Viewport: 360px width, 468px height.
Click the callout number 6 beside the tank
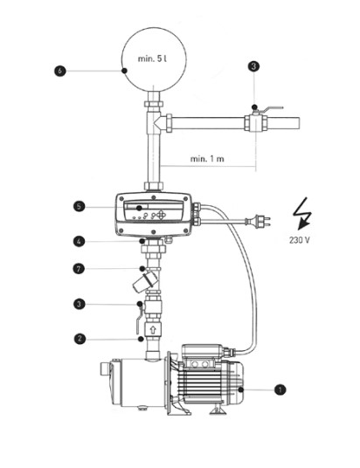59,71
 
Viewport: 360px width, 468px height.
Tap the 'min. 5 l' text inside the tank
152,58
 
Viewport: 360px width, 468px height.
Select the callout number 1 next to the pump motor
280,389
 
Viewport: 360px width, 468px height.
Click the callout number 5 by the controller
79,207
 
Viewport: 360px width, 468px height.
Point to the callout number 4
79,241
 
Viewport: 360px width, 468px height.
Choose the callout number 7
79,269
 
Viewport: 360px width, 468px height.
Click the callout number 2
80,339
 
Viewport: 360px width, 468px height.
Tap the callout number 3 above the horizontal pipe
253,66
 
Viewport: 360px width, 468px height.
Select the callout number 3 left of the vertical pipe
80,304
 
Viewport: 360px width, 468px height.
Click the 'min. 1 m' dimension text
207,159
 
